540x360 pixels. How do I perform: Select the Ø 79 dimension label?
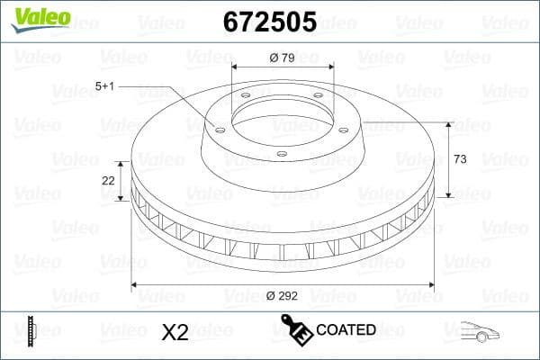(283, 58)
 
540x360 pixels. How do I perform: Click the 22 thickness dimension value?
(109, 180)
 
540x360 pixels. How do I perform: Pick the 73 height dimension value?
(460, 159)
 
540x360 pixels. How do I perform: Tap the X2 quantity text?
(174, 332)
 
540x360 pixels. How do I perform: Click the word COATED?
(346, 330)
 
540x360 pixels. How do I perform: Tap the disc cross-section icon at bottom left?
(32, 330)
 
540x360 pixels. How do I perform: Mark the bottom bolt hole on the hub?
(281, 154)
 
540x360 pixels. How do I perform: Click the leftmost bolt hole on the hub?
(219, 126)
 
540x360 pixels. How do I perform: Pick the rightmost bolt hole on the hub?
(344, 125)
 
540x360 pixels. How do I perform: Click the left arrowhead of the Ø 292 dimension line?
(136, 284)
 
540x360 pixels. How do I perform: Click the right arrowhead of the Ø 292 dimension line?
(430, 284)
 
